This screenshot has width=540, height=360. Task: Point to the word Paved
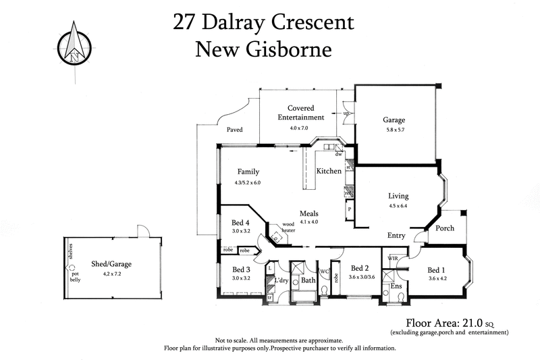[x=234, y=130]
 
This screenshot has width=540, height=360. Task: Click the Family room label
[x=248, y=172]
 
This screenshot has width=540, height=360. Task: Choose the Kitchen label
[x=329, y=172]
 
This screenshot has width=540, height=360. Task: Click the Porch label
[x=445, y=228]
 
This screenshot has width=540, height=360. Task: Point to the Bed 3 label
[x=241, y=269]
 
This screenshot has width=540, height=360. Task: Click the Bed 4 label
[x=241, y=222]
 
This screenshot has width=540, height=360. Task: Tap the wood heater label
[x=289, y=227]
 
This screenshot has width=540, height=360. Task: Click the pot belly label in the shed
[x=75, y=276]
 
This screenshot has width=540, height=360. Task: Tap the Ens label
[x=397, y=286]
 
